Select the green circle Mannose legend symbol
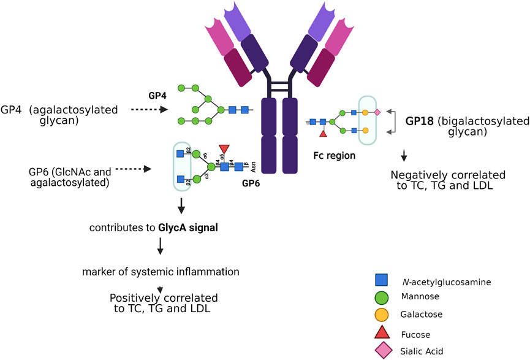pyautogui.click(x=381, y=298)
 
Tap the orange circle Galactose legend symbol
pyautogui.click(x=381, y=315)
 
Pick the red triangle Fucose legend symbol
pyautogui.click(x=381, y=333)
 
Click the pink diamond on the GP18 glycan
pyautogui.click(x=378, y=112)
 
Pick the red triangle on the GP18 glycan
pyautogui.click(x=323, y=134)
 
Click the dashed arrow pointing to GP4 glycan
pyautogui.click(x=148, y=110)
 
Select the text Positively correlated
pyautogui.click(x=164, y=298)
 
